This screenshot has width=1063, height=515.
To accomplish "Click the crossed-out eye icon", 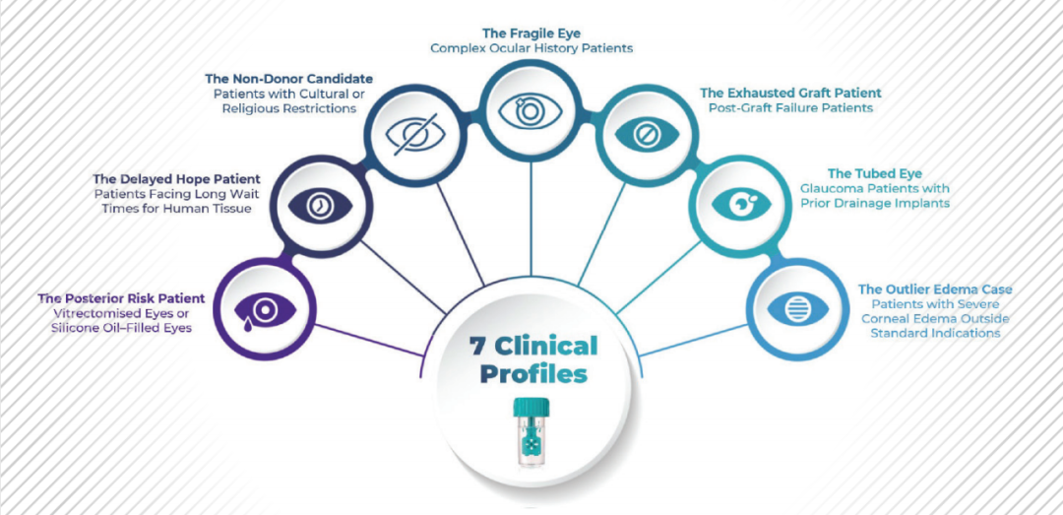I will pyautogui.click(x=414, y=133).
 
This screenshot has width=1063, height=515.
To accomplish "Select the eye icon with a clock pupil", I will pyautogui.click(x=319, y=205).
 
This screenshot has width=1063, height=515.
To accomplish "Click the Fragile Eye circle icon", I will pyautogui.click(x=531, y=109).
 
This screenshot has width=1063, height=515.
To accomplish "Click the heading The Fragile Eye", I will pyautogui.click(x=531, y=32).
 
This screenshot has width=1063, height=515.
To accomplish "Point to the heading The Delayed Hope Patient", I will pyautogui.click(x=177, y=179).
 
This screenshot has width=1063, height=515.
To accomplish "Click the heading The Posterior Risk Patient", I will pyautogui.click(x=121, y=297).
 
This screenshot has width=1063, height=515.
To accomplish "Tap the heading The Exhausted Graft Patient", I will pyautogui.click(x=790, y=93).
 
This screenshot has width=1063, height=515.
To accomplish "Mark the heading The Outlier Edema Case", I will pyautogui.click(x=935, y=290).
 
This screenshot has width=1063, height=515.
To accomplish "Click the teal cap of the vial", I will pyautogui.click(x=532, y=407).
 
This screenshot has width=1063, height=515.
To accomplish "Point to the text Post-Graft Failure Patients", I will pyautogui.click(x=790, y=108).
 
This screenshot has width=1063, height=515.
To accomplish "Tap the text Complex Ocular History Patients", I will pyautogui.click(x=531, y=47).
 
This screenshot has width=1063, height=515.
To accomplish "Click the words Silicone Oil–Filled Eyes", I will pyautogui.click(x=121, y=328).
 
